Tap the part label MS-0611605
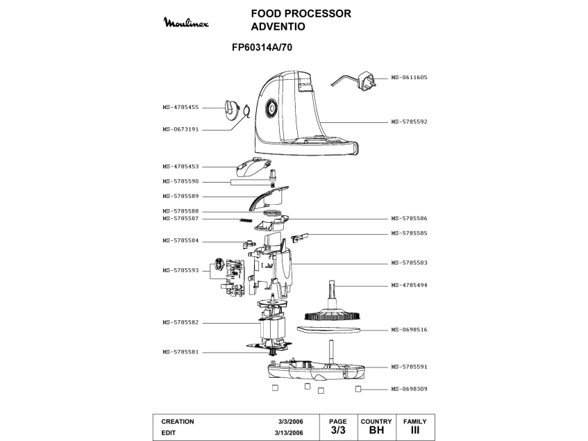coord(408,78)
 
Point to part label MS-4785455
coord(180,107)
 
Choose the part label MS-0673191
coord(180,129)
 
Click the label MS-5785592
coord(408,122)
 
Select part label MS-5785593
coord(180,270)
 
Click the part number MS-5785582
coord(180,322)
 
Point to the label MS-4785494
coord(408,285)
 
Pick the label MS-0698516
coord(408,329)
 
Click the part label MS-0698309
coord(408,389)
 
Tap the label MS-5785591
coord(408,367)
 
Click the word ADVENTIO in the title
coord(278,26)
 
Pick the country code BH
coord(376,431)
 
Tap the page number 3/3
coord(337,431)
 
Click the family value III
coord(415,431)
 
